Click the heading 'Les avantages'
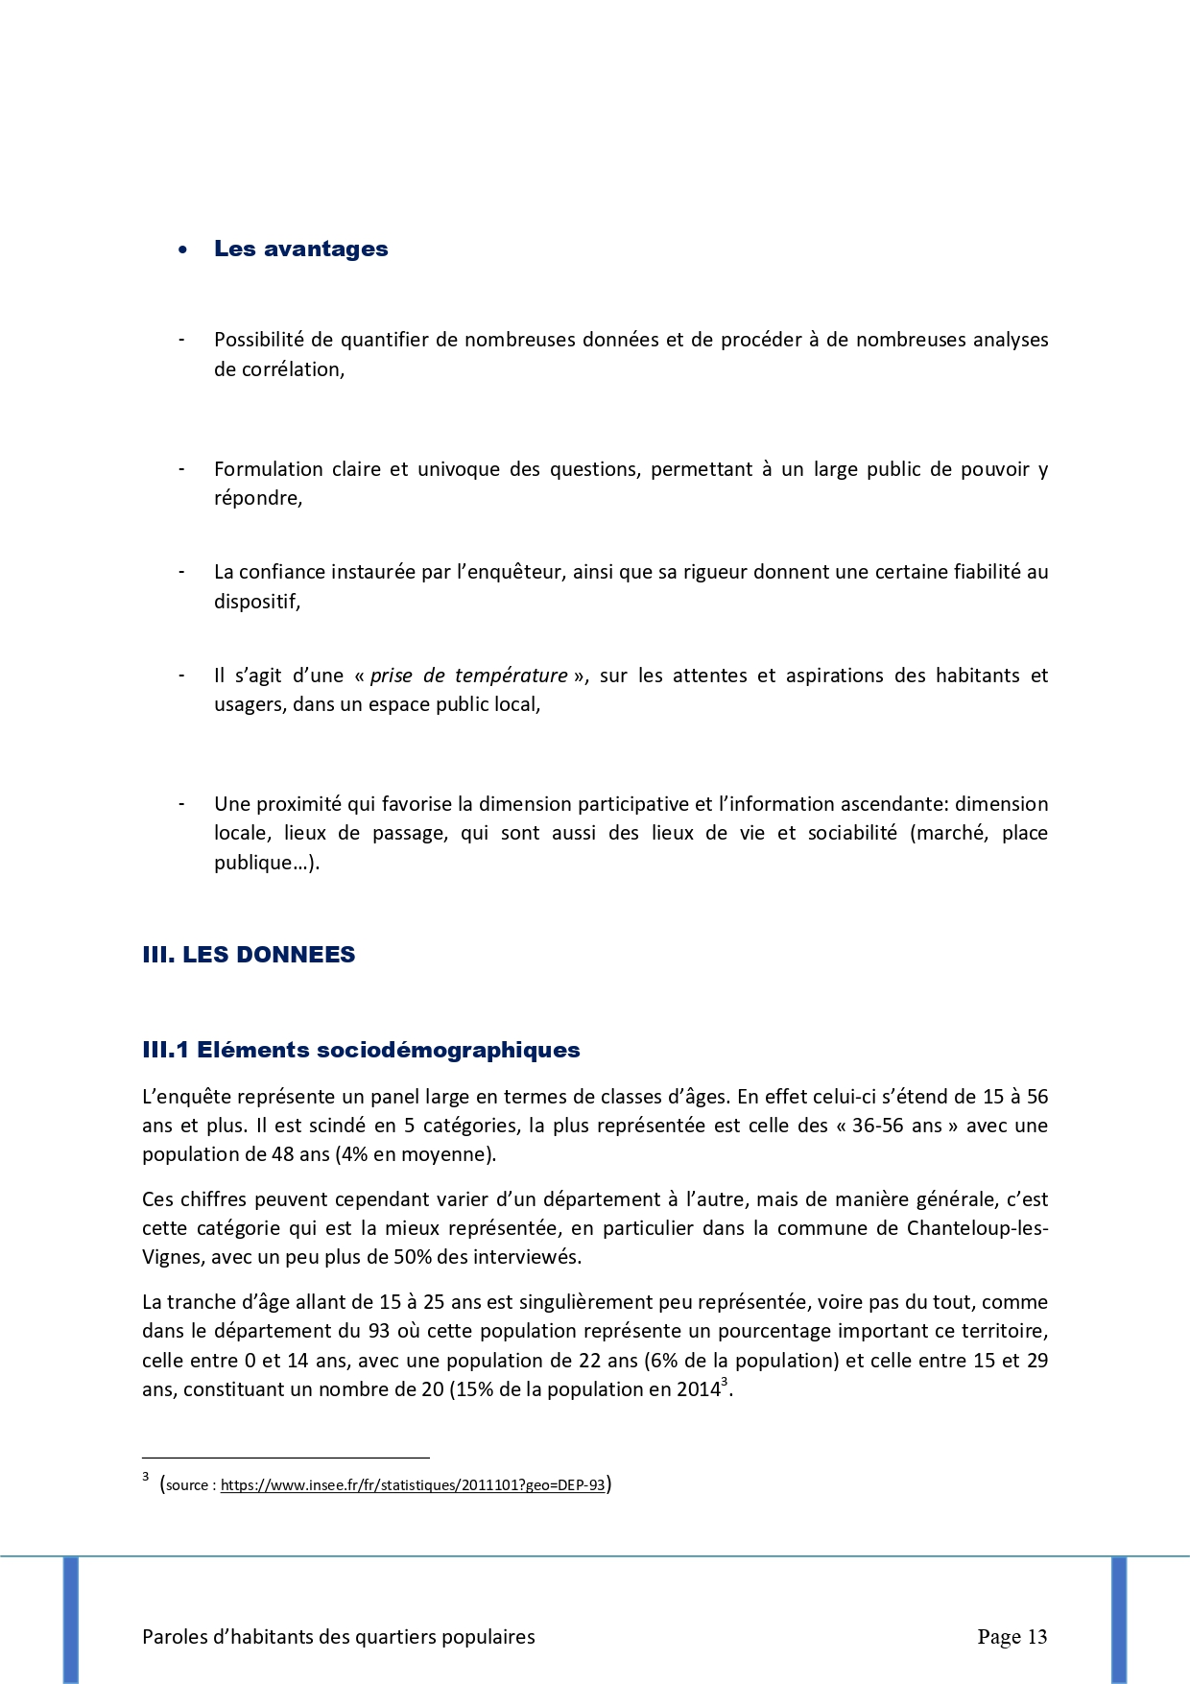pos(300,249)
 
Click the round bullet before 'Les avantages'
pos(182,249)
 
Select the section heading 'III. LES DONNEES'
pos(249,955)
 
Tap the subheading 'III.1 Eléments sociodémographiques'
pos(361,1050)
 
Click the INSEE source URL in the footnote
pos(413,1484)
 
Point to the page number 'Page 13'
pos(1011,1637)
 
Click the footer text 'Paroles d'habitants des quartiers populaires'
pos(339,1637)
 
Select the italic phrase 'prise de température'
pos(468,676)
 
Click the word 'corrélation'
pos(278,369)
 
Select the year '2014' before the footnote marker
pos(700,1389)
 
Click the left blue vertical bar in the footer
pos(71,1619)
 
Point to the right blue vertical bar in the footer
pos(1118,1619)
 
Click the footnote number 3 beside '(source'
pos(145,1478)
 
